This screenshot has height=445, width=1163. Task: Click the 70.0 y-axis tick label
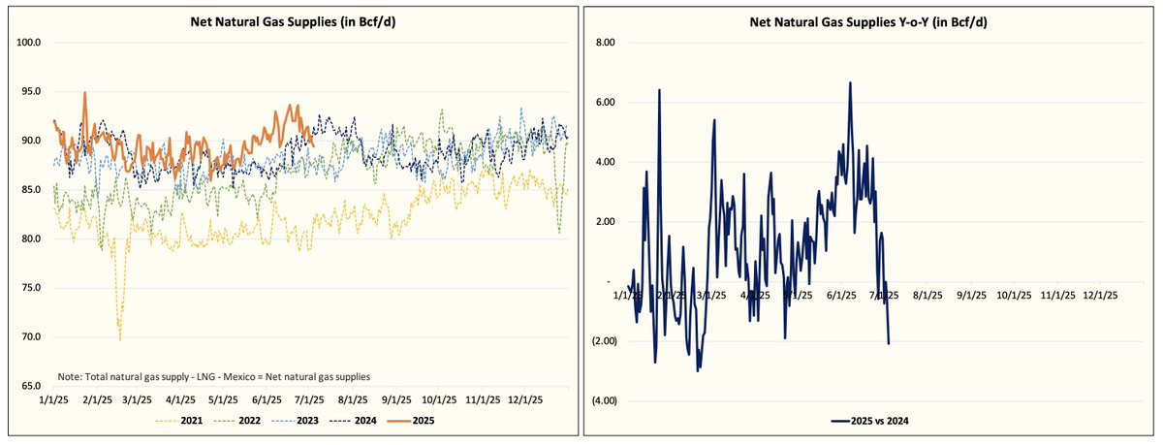click(x=30, y=337)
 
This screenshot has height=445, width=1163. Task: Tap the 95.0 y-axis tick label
click(x=30, y=91)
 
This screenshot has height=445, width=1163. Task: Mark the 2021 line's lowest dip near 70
click(x=120, y=338)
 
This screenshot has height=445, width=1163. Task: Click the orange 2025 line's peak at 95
click(x=85, y=93)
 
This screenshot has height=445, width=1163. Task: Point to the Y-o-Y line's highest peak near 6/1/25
click(x=850, y=83)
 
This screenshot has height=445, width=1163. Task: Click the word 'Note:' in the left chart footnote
click(x=70, y=375)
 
